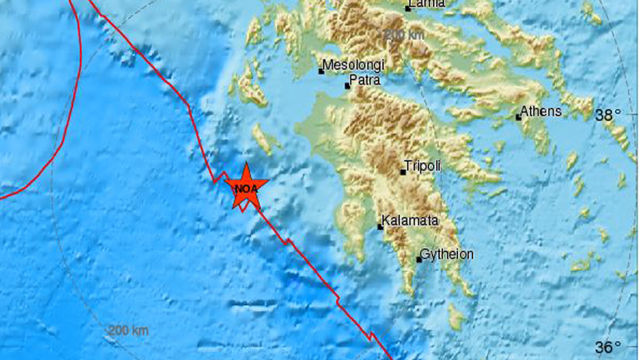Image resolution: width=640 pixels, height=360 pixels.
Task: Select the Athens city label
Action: (541, 111)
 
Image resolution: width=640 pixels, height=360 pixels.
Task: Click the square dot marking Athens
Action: (518, 117)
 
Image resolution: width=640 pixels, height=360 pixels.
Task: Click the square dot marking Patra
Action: (347, 86)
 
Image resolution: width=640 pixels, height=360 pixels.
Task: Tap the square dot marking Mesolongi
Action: (322, 71)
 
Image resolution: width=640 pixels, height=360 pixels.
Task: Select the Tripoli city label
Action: (422, 165)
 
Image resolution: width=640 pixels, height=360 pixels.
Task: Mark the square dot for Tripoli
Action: (403, 172)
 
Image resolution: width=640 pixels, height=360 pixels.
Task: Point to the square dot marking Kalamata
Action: (381, 225)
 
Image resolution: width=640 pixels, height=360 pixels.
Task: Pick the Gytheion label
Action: (447, 254)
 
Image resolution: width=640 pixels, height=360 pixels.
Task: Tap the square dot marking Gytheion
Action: (418, 259)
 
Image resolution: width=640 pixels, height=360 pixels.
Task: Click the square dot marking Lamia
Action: (408, 8)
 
